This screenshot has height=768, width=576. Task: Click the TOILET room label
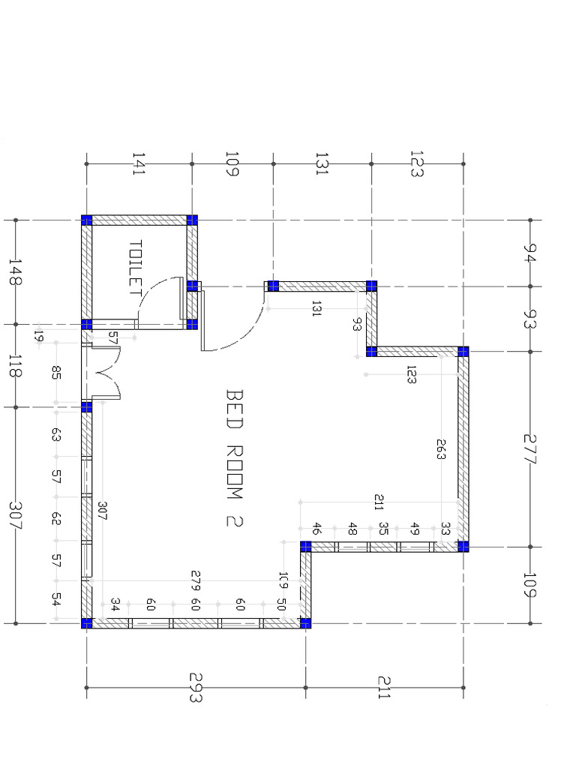tap(136, 268)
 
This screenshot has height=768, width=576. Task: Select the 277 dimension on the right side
tap(530, 449)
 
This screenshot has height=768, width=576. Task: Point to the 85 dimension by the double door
tap(55, 372)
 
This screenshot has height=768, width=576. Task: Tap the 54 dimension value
tap(55, 599)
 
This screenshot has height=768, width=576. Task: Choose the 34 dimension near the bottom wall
tap(115, 603)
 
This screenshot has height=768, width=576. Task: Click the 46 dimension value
tap(316, 529)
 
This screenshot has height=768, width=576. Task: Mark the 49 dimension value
tap(415, 529)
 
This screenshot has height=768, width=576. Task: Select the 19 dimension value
tap(40, 337)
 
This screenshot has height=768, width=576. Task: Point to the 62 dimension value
tap(55, 518)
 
